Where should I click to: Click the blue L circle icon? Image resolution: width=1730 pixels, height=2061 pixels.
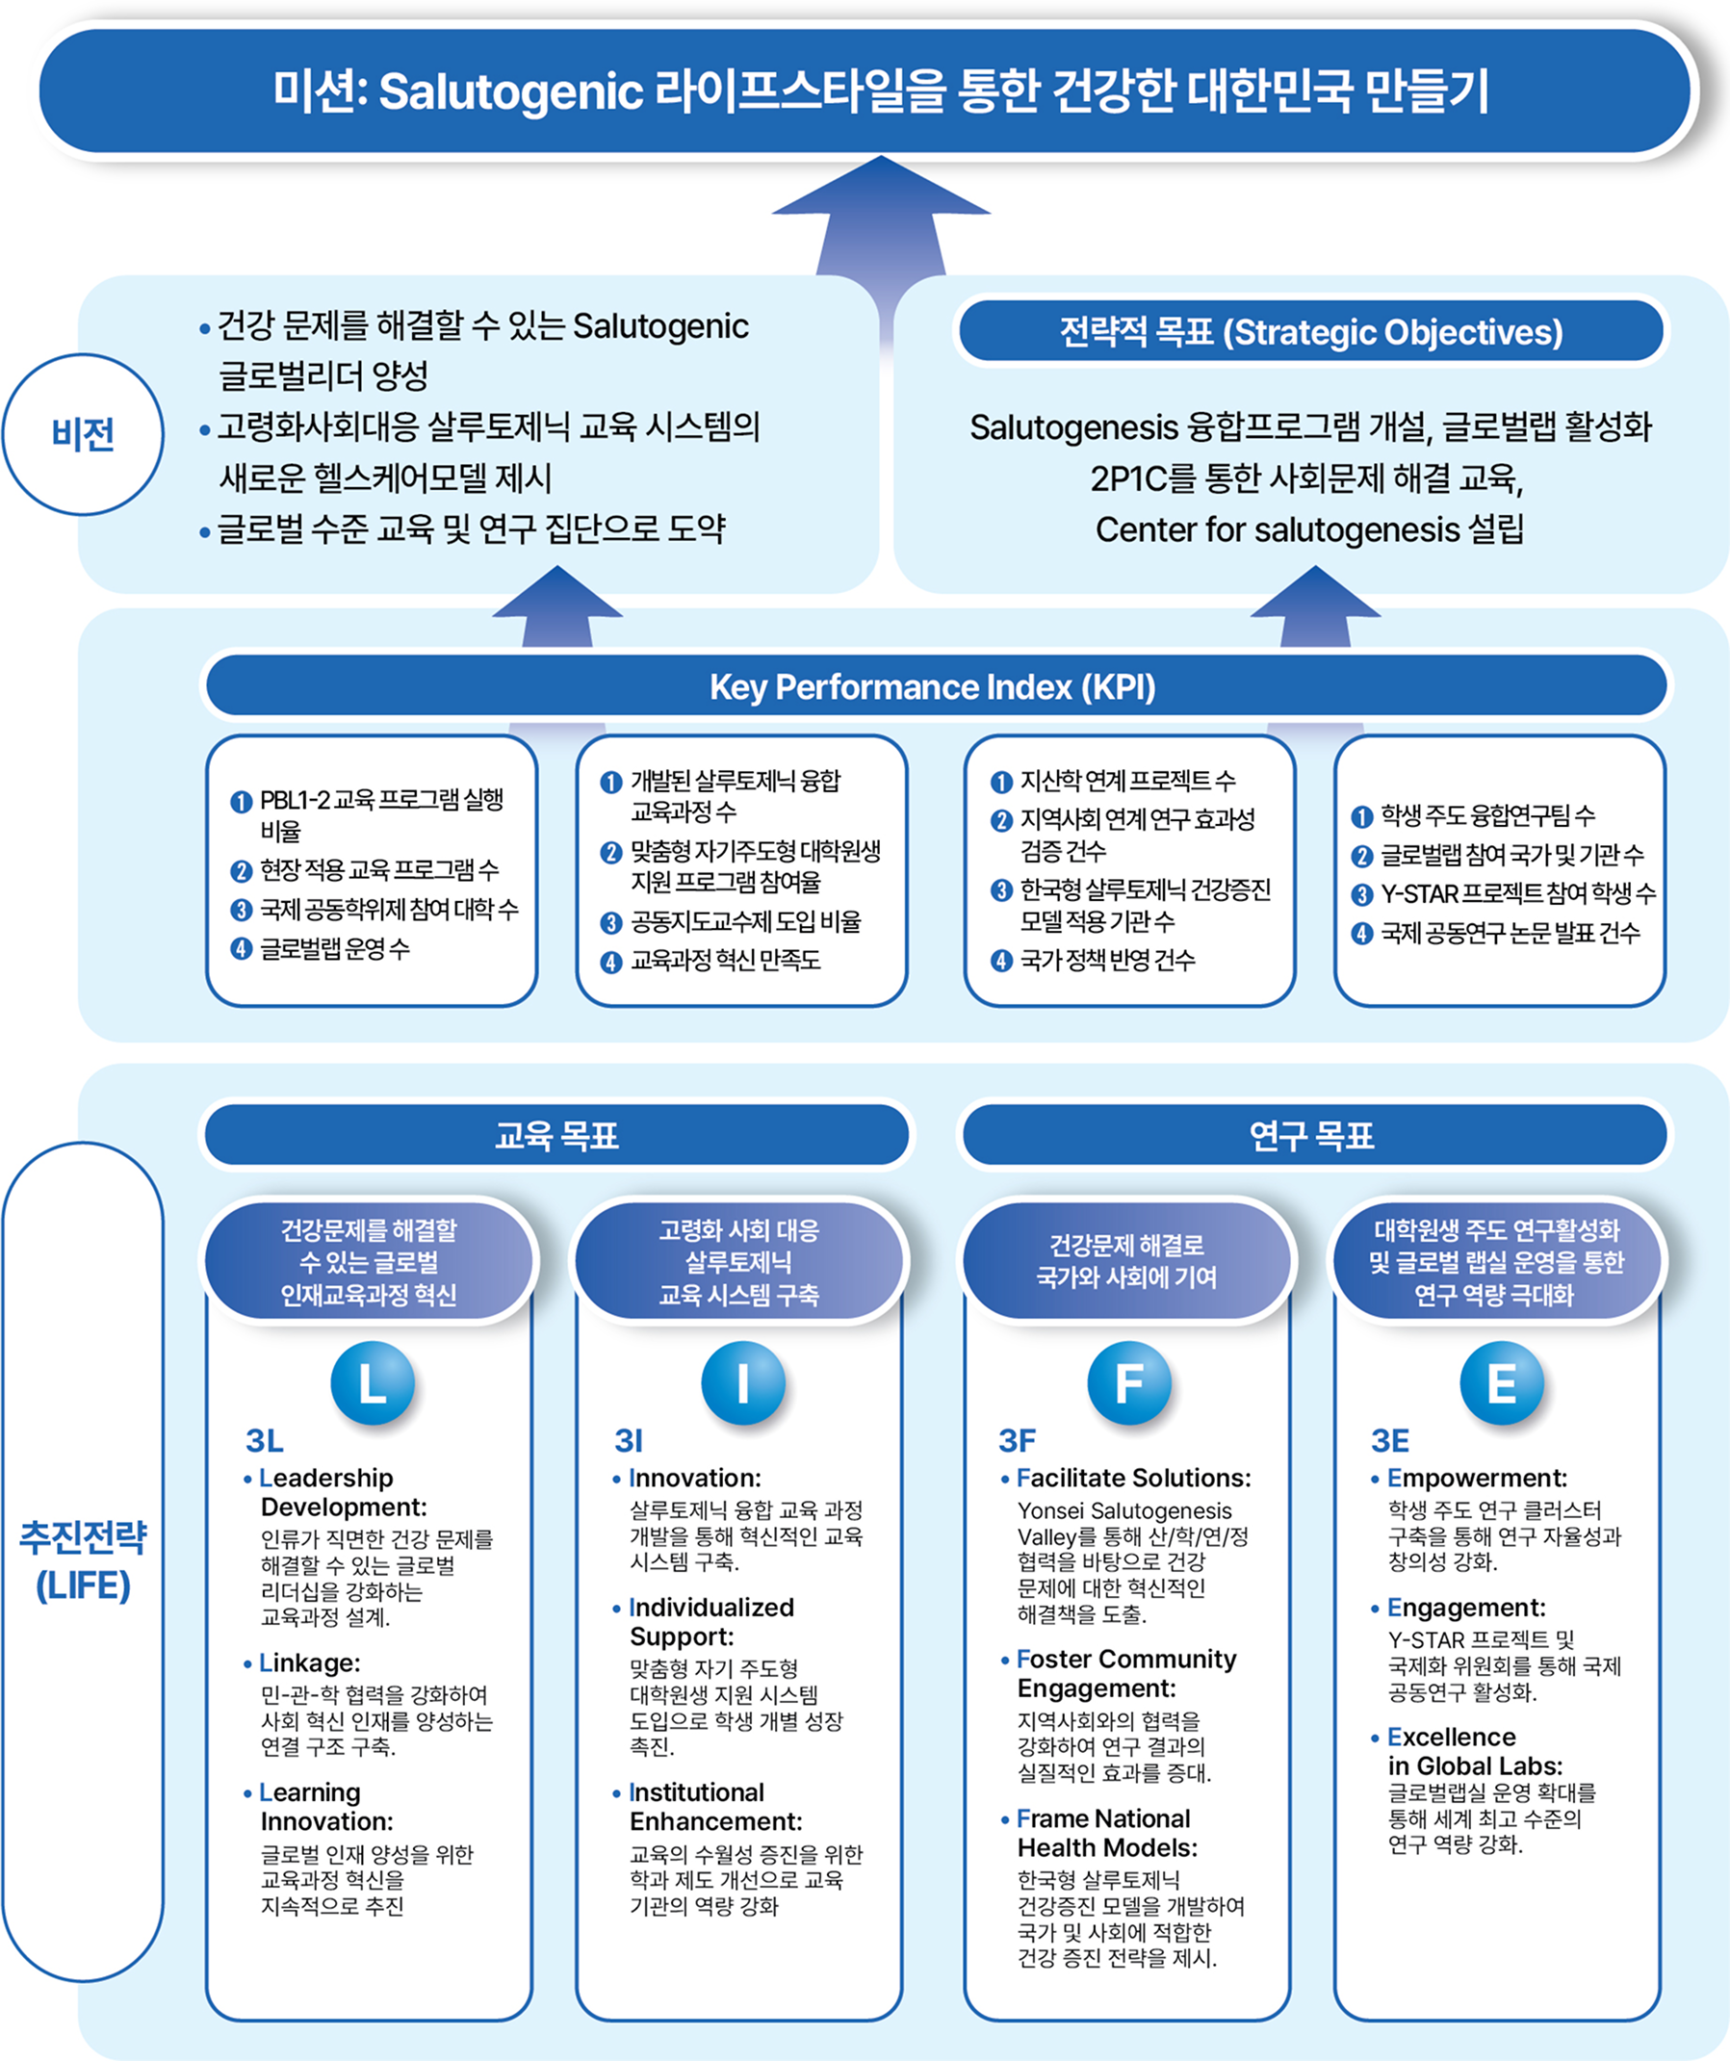372,1383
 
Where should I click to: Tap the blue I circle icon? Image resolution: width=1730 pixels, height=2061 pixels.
743,1383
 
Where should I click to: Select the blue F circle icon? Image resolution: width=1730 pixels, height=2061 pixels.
1128,1383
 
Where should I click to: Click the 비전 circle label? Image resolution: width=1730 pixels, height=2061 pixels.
84,434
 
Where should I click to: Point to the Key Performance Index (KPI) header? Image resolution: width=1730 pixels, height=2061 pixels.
932,687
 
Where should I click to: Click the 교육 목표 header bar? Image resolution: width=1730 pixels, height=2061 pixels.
556,1136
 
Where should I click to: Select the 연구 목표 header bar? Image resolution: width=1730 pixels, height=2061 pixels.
1312,1136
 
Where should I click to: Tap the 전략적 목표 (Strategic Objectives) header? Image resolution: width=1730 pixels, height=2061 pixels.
1311,332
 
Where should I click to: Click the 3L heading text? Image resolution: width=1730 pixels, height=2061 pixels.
264,1441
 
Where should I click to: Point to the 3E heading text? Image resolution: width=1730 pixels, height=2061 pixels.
1389,1441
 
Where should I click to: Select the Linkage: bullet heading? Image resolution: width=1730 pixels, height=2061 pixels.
309,1662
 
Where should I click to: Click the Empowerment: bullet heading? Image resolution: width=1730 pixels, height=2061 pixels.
1477,1478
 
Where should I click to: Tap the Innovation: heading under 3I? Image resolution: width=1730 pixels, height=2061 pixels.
695,1478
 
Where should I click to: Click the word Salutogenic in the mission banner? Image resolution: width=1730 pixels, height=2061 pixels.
510,91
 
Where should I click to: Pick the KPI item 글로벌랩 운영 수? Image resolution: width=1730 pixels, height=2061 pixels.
334,948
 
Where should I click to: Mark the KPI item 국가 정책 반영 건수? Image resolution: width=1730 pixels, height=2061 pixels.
1107,960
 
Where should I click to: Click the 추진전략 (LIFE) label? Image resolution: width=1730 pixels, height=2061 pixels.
84,1560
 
